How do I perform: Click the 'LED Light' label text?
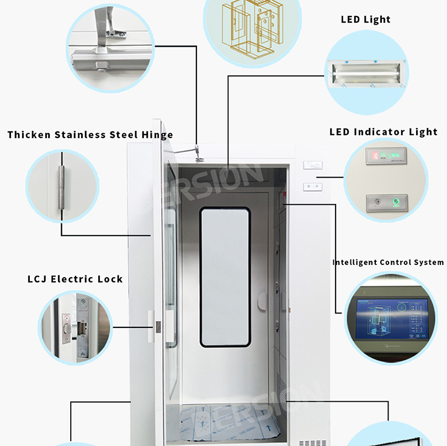pos(365,20)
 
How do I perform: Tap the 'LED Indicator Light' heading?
pos(383,132)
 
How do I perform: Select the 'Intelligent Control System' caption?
pos(387,262)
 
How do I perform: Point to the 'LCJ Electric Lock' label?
pos(75,279)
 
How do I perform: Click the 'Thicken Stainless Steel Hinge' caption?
pos(90,135)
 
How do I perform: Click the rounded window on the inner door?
pos(225,277)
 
